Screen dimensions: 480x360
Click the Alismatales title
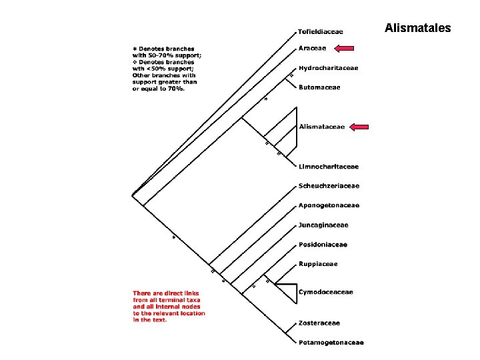point(417,28)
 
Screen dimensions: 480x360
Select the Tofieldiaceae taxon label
point(320,31)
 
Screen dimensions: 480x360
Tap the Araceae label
point(312,48)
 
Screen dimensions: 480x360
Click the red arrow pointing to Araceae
point(344,48)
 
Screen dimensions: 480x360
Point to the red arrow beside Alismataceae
point(359,127)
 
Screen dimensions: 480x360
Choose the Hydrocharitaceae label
point(329,68)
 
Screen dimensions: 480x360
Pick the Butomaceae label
point(319,87)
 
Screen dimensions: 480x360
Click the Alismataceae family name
point(322,127)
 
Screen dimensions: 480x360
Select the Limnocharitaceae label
point(329,167)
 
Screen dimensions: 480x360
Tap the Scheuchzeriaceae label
point(329,186)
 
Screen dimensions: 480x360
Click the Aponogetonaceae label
point(329,205)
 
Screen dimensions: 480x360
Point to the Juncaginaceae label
point(323,225)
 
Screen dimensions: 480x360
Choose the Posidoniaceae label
point(323,245)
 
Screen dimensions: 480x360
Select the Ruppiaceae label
point(318,264)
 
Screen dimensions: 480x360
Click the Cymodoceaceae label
point(326,292)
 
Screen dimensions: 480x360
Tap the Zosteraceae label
point(319,323)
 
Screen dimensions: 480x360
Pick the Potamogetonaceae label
point(331,343)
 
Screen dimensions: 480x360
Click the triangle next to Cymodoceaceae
point(296,294)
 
